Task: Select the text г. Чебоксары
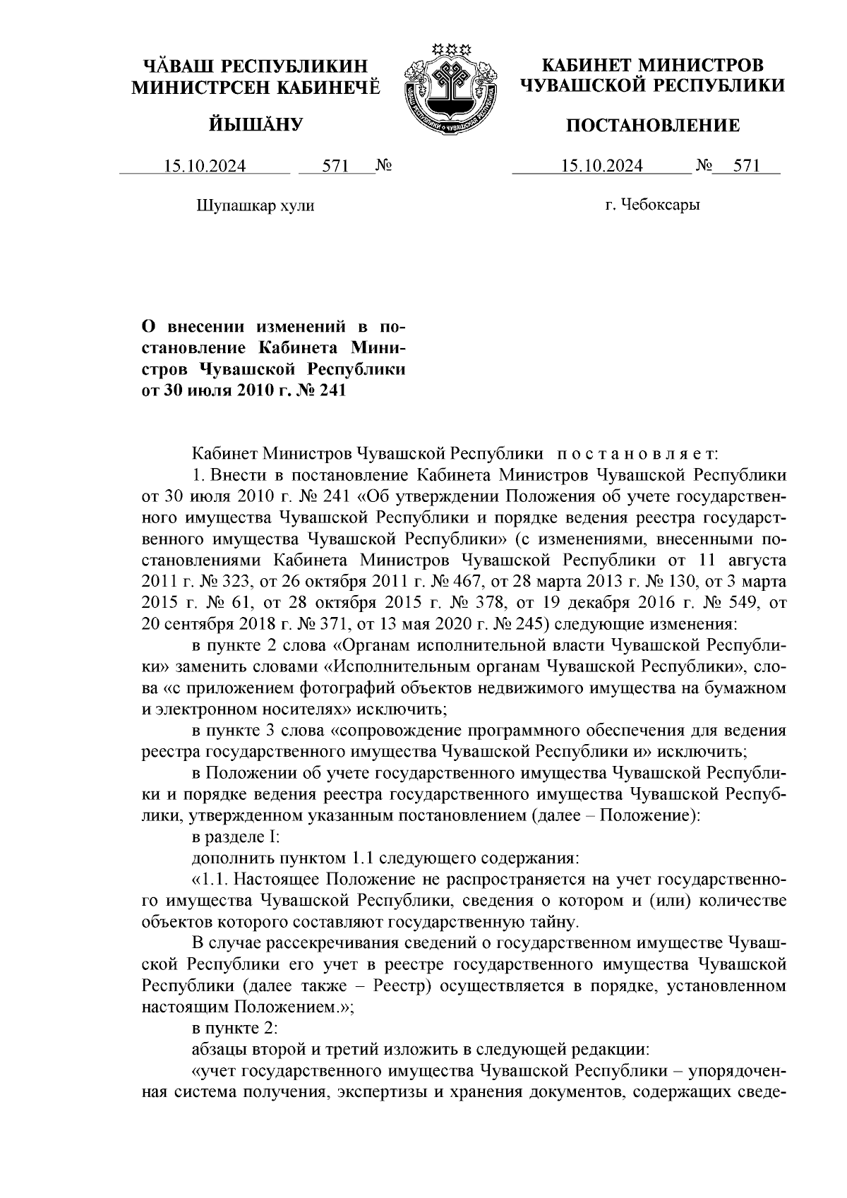652,205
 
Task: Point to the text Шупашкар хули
254,206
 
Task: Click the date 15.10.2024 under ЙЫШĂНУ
205,167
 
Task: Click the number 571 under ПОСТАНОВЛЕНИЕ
746,167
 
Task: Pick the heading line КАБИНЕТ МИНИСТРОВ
652,66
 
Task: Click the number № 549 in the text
725,603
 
